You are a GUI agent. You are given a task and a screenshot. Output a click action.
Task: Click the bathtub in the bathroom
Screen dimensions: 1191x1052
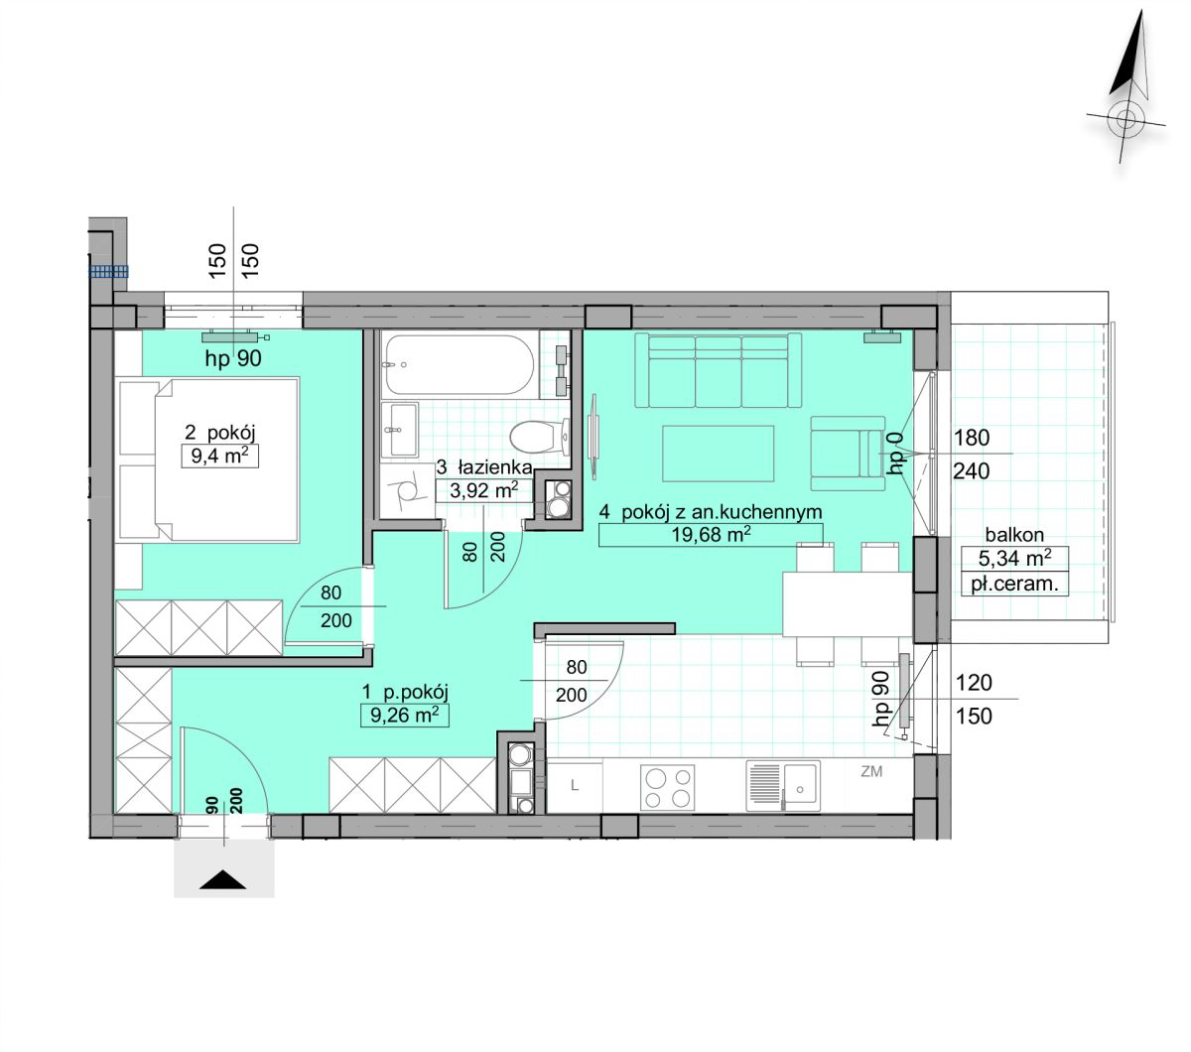(x=460, y=364)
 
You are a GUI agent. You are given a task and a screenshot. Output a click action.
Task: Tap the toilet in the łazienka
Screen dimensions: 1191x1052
(x=539, y=437)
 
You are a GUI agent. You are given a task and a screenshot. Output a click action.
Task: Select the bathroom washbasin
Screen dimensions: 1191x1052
(x=400, y=430)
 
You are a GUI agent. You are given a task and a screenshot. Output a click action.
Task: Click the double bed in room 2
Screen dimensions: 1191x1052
(x=208, y=460)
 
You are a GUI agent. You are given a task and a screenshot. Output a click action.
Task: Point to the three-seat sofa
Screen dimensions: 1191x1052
(x=718, y=370)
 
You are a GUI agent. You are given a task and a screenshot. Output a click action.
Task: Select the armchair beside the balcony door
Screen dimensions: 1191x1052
(x=848, y=453)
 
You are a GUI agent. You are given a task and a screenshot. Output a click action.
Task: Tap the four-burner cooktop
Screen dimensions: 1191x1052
(x=667, y=788)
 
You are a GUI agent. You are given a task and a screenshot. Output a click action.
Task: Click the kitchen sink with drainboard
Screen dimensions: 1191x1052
(x=782, y=786)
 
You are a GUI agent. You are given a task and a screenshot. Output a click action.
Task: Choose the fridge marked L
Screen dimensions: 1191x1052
(x=575, y=786)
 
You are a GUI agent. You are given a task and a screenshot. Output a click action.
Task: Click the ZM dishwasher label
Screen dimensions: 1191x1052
(x=871, y=771)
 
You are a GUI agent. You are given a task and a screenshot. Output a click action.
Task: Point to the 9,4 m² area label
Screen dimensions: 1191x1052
(x=219, y=456)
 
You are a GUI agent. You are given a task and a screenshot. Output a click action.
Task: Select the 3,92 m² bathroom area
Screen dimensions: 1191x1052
(x=483, y=490)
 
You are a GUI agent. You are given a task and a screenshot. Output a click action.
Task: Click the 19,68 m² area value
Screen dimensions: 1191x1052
(x=711, y=534)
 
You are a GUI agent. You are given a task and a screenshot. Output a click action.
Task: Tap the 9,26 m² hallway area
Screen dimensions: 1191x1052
(x=405, y=715)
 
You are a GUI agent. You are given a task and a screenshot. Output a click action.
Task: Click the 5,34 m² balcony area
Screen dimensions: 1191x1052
(x=1014, y=558)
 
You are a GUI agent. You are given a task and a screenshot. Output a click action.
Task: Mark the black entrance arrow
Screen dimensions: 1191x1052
(x=222, y=880)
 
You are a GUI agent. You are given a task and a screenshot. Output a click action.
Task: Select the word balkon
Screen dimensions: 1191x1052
(x=1014, y=535)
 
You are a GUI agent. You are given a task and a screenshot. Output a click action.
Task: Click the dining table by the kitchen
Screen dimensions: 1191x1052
(x=848, y=604)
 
